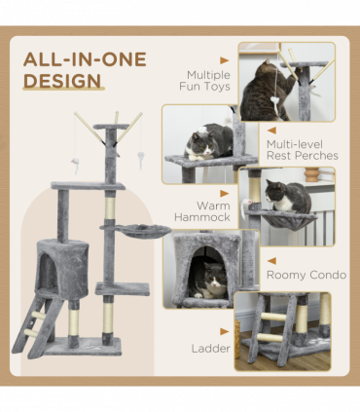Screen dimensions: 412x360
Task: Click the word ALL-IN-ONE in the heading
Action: pyautogui.click(x=85, y=59)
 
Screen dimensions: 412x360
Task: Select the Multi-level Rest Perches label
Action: pyautogui.click(x=302, y=149)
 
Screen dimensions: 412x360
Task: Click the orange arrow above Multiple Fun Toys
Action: pyautogui.click(x=225, y=59)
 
